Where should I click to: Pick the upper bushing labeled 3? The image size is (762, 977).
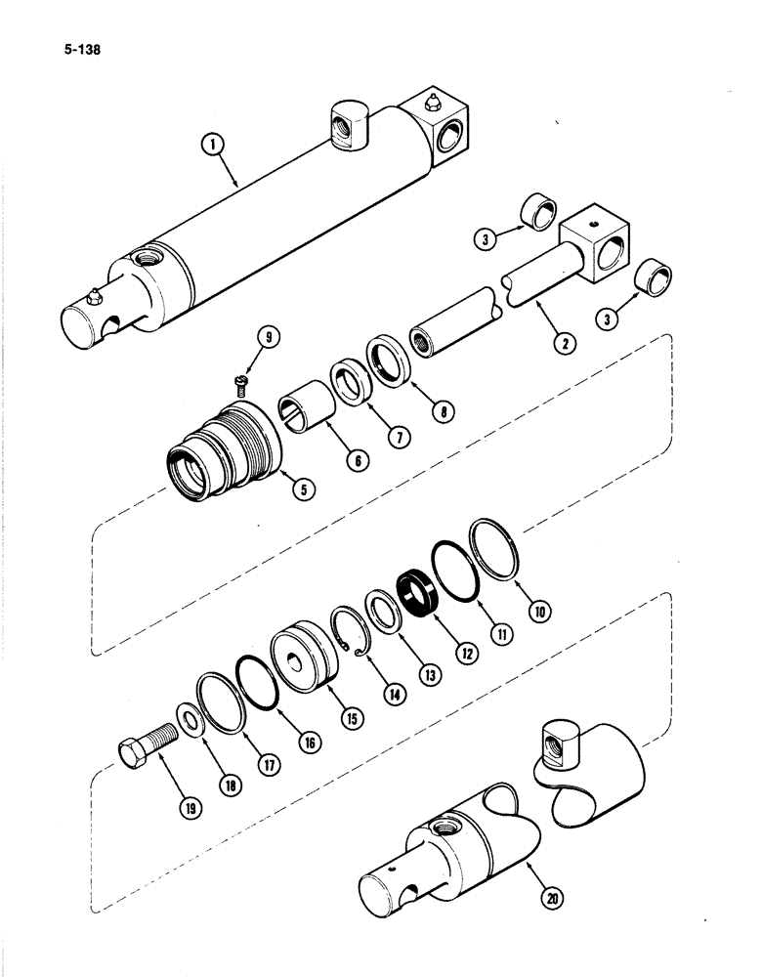[x=538, y=210]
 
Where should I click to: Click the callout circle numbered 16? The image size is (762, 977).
[x=311, y=743]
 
